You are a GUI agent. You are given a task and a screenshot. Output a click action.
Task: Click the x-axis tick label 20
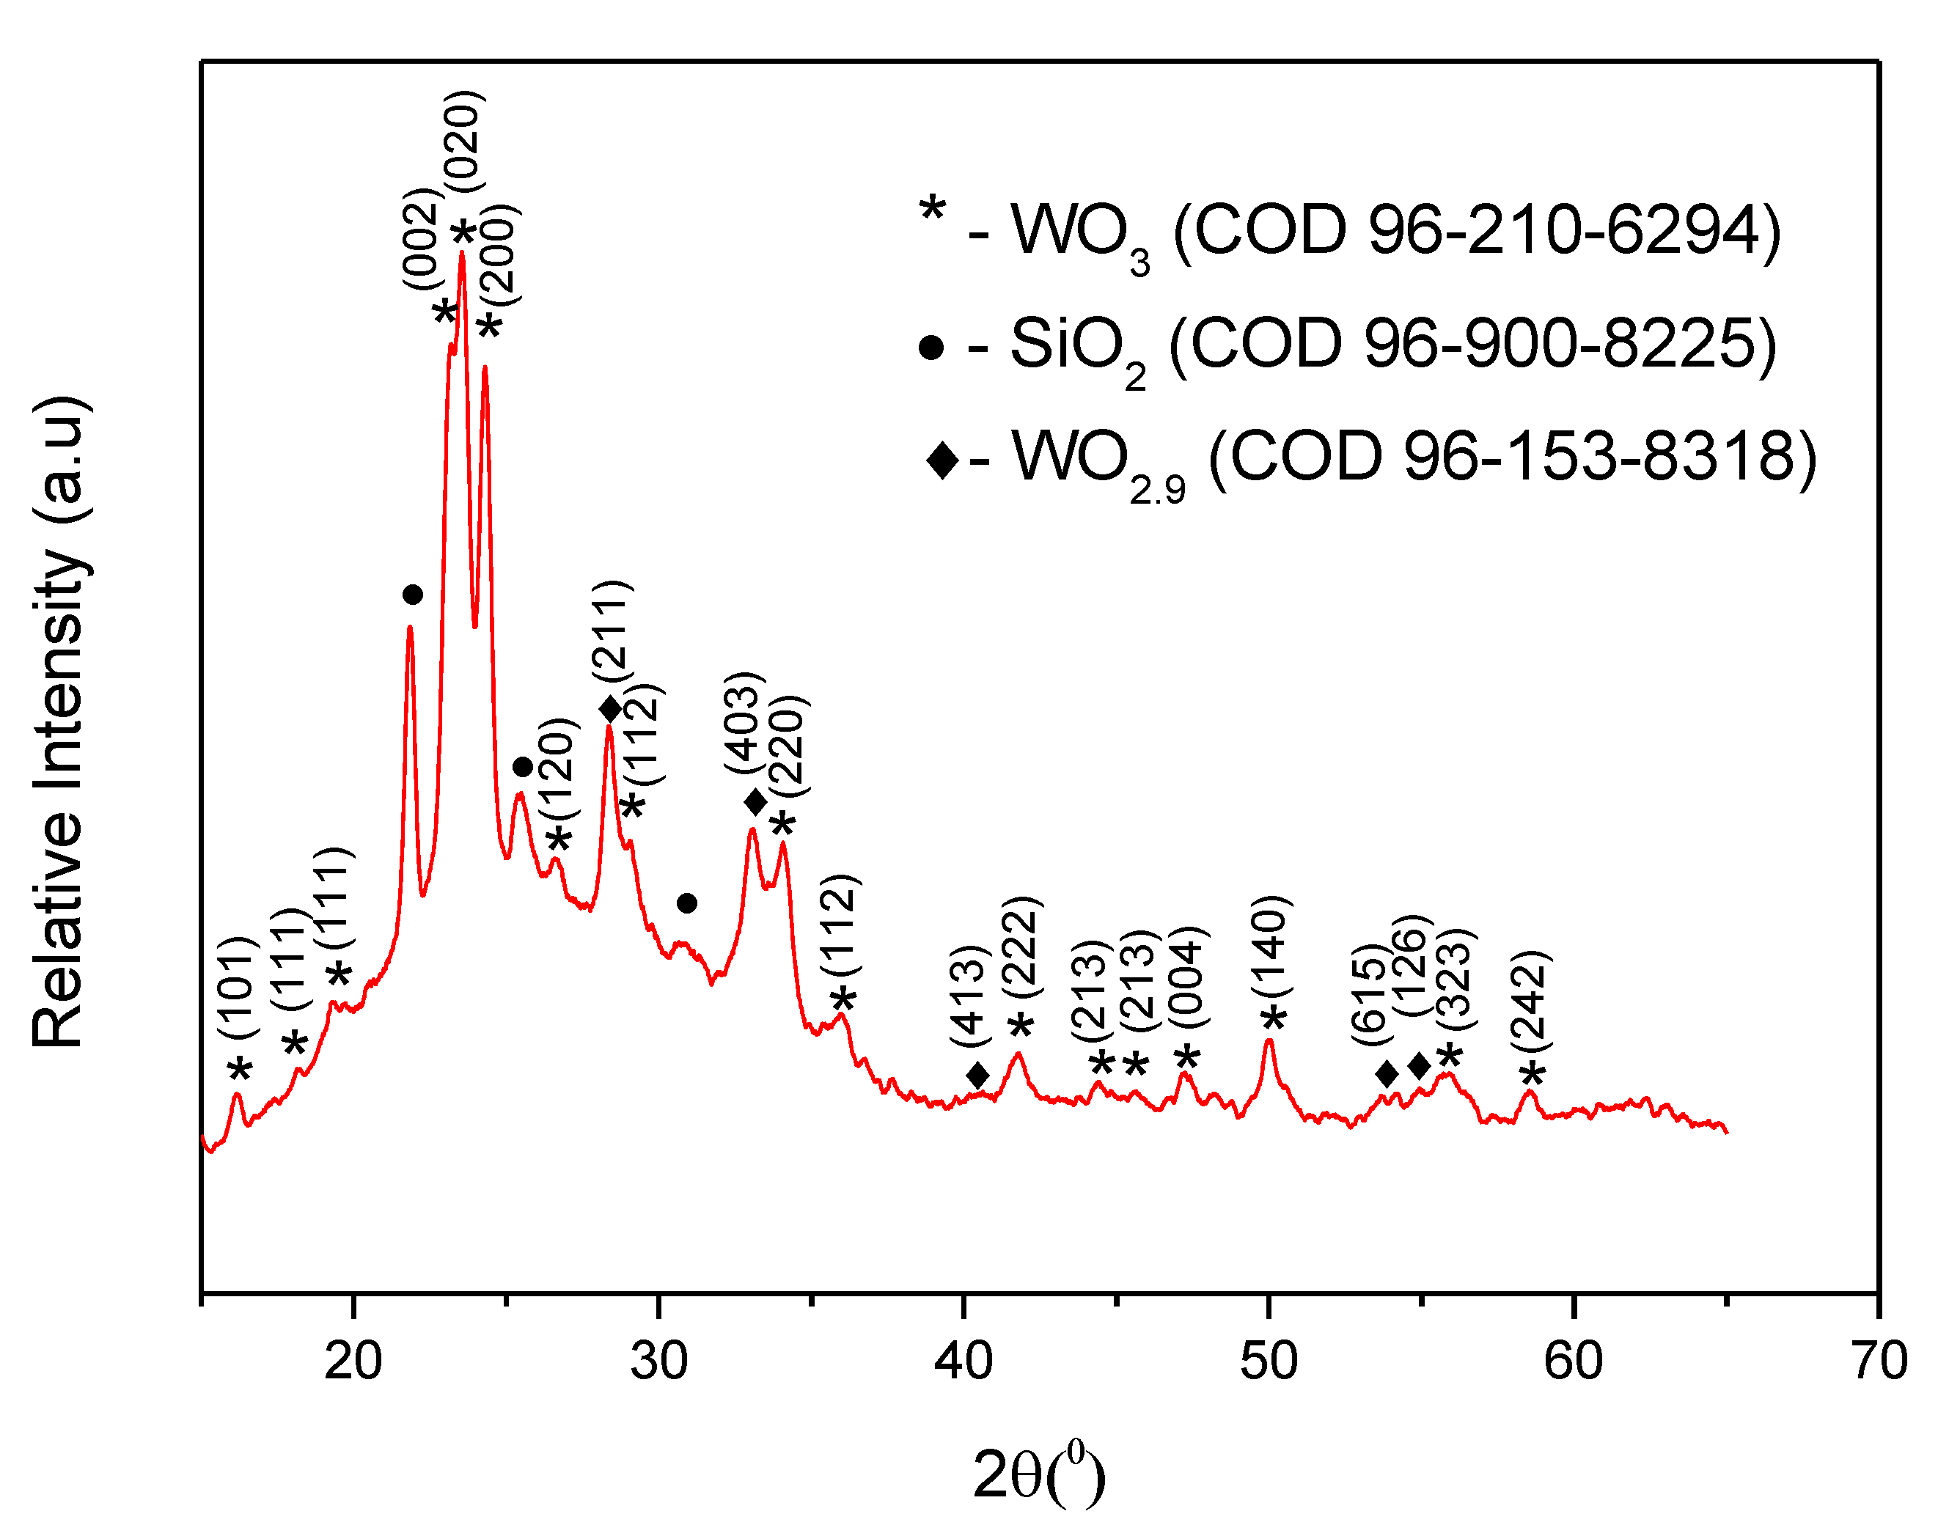click(353, 1361)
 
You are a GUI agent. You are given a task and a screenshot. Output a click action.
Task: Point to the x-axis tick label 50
click(1269, 1361)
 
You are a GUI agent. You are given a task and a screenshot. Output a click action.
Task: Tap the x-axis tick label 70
click(1878, 1361)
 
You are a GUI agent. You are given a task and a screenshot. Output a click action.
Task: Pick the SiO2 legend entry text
click(1392, 346)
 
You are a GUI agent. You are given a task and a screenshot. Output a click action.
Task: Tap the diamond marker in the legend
click(942, 461)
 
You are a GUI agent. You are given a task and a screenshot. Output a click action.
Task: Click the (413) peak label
click(971, 996)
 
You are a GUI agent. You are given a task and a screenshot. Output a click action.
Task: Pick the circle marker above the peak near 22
click(413, 595)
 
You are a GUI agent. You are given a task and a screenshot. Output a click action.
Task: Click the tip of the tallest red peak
click(462, 254)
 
